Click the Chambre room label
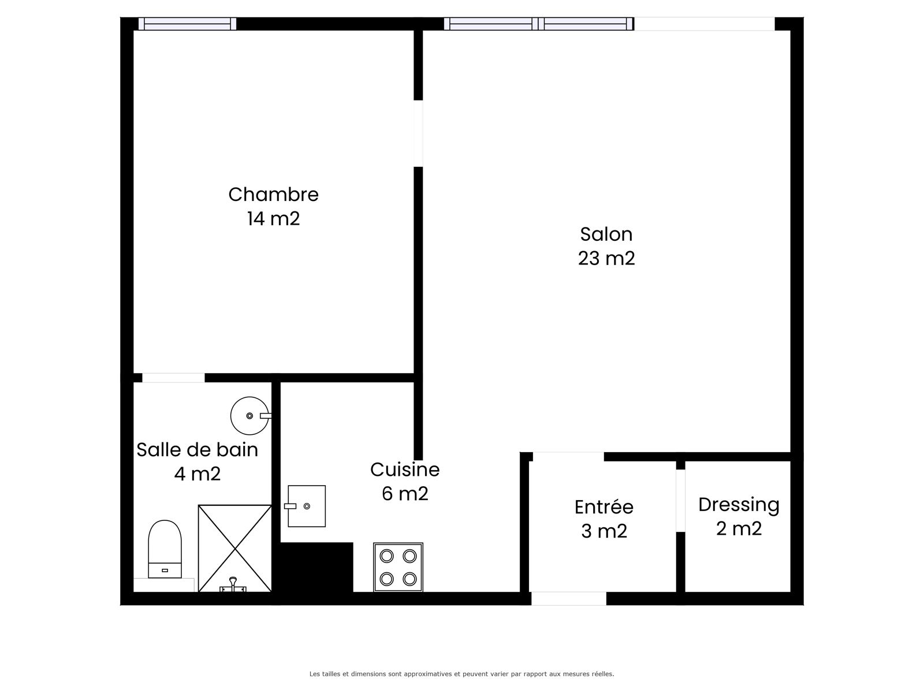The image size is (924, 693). (273, 195)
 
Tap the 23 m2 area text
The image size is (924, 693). (606, 258)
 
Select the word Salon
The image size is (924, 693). (606, 234)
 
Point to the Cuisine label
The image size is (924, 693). (405, 470)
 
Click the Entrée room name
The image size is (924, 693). (603, 506)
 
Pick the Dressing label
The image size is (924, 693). (739, 505)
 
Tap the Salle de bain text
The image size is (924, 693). (197, 450)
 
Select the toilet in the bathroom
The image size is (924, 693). (165, 549)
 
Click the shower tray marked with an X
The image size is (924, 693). (234, 548)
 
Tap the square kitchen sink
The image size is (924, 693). (306, 506)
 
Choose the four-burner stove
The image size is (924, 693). (398, 567)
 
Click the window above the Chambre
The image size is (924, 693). (187, 24)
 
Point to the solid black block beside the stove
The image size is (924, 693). (316, 567)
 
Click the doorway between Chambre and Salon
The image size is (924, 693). (418, 133)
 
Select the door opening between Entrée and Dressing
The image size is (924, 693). (680, 501)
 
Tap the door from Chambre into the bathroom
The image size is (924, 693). (173, 378)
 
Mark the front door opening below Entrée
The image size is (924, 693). (569, 598)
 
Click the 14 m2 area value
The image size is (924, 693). (273, 219)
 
